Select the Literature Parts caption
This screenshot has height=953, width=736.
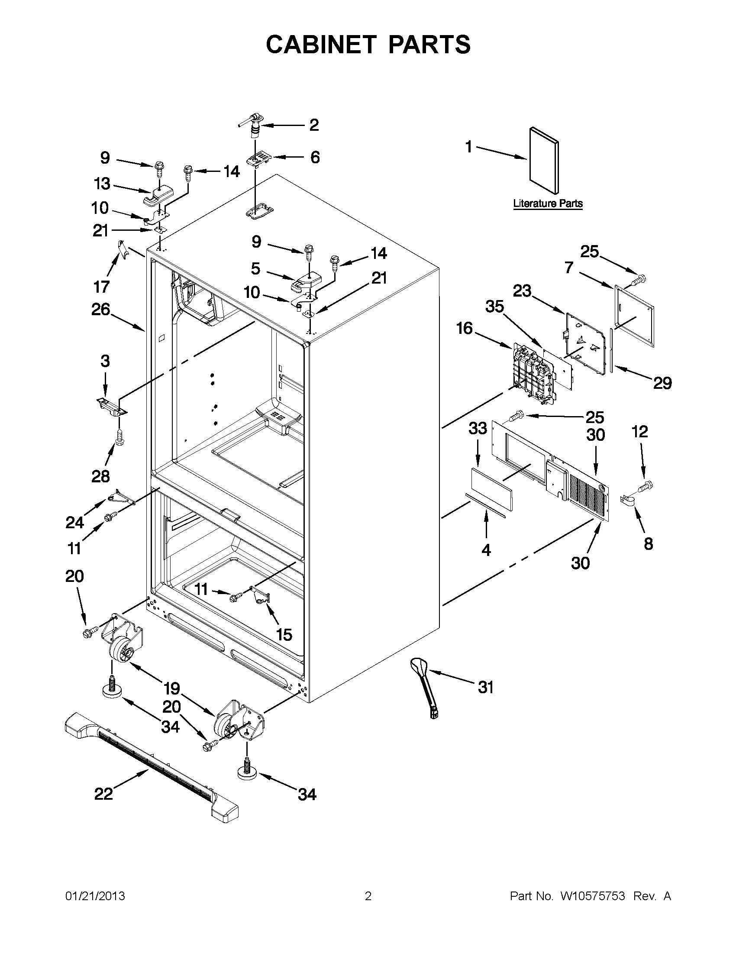[x=548, y=204]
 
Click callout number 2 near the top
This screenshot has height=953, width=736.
[x=314, y=125]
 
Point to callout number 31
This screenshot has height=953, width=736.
[x=486, y=687]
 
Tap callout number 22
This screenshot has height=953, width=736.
[x=103, y=794]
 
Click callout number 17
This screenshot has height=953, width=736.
[x=101, y=287]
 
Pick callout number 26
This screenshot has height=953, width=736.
[x=101, y=310]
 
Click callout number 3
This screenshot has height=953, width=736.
[x=105, y=361]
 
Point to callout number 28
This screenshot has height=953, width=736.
[x=100, y=476]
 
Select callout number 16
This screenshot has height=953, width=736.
[x=465, y=328]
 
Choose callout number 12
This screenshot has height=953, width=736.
[x=639, y=432]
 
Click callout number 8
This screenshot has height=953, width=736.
[x=649, y=544]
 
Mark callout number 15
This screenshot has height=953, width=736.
[x=284, y=634]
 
